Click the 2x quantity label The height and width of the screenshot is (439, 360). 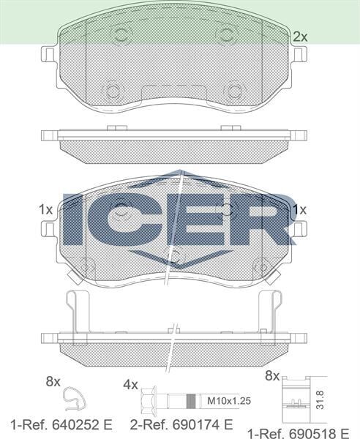coord(299,36)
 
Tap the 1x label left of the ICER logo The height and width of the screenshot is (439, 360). coord(45,210)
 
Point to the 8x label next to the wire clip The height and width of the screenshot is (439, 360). coord(52,381)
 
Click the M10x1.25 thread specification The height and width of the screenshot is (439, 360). coord(228,400)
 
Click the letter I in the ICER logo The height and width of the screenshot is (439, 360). coord(73,219)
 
